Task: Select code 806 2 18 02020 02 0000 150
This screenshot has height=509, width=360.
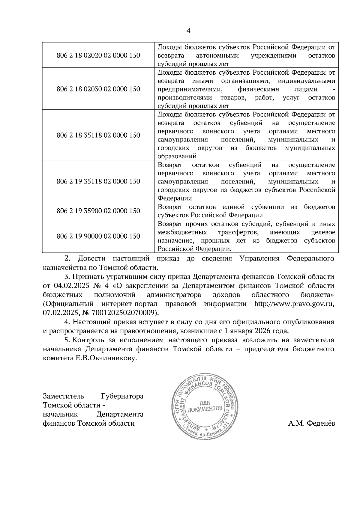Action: (98, 55)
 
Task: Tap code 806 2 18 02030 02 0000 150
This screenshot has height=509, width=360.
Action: (98, 89)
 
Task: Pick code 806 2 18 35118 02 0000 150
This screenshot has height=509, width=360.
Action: (98, 135)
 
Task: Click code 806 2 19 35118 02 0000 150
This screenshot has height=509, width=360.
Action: (98, 181)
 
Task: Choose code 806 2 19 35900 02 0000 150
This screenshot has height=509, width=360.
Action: (98, 211)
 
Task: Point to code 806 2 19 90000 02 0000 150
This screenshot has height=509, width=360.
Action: (98, 236)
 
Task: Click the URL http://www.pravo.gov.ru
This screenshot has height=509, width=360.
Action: (294, 304)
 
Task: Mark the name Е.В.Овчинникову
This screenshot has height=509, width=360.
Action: (106, 358)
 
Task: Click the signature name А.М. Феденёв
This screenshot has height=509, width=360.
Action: (311, 424)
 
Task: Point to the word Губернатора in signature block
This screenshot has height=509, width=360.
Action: (122, 396)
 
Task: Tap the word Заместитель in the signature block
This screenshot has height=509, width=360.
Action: (63, 396)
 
